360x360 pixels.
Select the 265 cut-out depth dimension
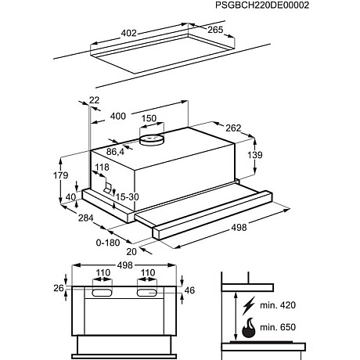tap(214, 31)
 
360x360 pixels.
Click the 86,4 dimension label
tap(115, 151)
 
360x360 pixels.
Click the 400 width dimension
tap(118, 116)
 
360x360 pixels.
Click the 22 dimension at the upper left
tap(95, 100)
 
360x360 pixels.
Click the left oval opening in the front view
tap(103, 293)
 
